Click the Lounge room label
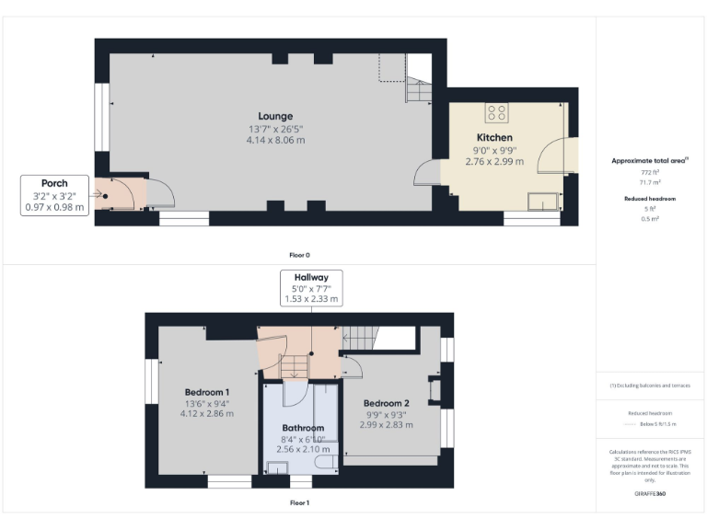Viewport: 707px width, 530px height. (275, 116)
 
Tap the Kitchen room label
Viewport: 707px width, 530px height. (494, 138)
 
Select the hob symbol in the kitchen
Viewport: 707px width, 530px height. (497, 112)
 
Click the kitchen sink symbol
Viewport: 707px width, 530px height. (541, 202)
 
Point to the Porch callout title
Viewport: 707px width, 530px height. (54, 183)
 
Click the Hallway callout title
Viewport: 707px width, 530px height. (310, 277)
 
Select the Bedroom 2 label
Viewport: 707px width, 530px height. (386, 403)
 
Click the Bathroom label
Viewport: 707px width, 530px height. (303, 428)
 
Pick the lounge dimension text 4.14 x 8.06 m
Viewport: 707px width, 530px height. (275, 140)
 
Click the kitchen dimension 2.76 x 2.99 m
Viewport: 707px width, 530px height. (494, 161)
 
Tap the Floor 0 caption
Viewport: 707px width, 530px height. (299, 254)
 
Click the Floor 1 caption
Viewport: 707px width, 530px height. (299, 503)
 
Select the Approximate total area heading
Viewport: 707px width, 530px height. (650, 160)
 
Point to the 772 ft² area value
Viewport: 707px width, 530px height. (650, 172)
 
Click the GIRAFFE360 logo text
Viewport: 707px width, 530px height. (650, 494)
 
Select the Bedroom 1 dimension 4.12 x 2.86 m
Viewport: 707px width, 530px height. (207, 414)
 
